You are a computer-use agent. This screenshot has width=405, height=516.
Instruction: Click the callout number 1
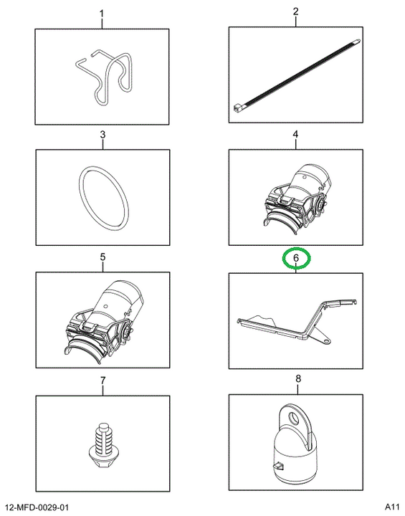[102, 14]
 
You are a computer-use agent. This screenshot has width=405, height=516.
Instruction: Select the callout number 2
[295, 12]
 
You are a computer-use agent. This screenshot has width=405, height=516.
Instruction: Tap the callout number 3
[103, 135]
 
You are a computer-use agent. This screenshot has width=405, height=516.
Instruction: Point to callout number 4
[295, 134]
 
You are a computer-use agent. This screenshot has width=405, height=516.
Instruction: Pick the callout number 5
[103, 257]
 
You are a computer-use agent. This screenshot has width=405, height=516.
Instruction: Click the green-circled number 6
[296, 258]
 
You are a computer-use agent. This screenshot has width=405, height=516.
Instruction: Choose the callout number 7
[103, 381]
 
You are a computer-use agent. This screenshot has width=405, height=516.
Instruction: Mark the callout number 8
[298, 379]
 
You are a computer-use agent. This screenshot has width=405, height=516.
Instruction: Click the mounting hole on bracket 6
[325, 341]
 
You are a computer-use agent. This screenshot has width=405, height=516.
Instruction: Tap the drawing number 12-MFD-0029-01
[36, 507]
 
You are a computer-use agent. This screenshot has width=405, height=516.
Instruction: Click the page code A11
[392, 506]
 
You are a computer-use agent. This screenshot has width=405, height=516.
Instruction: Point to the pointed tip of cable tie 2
[359, 41]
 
